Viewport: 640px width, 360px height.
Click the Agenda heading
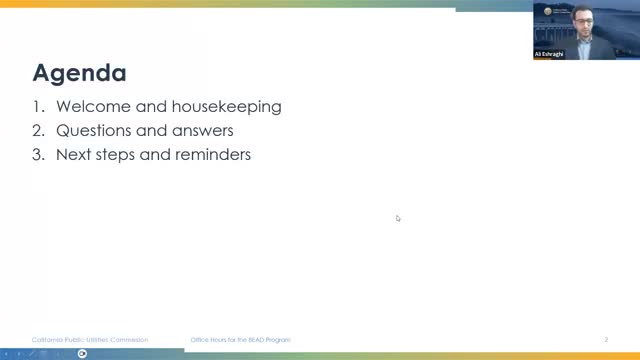80,73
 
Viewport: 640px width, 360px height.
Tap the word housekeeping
229,106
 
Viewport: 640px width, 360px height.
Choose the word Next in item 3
73,155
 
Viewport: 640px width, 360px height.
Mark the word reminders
211,155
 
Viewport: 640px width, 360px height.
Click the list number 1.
38,106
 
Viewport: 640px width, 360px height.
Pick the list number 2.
39,131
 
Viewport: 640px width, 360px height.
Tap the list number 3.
39,155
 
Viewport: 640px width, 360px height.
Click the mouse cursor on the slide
398,218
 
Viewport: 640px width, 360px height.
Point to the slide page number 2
606,340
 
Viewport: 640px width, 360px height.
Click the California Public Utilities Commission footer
90,340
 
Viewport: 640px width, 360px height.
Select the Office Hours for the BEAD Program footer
241,340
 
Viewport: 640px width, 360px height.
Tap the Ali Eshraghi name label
551,54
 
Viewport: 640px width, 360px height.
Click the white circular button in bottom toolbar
83,353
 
